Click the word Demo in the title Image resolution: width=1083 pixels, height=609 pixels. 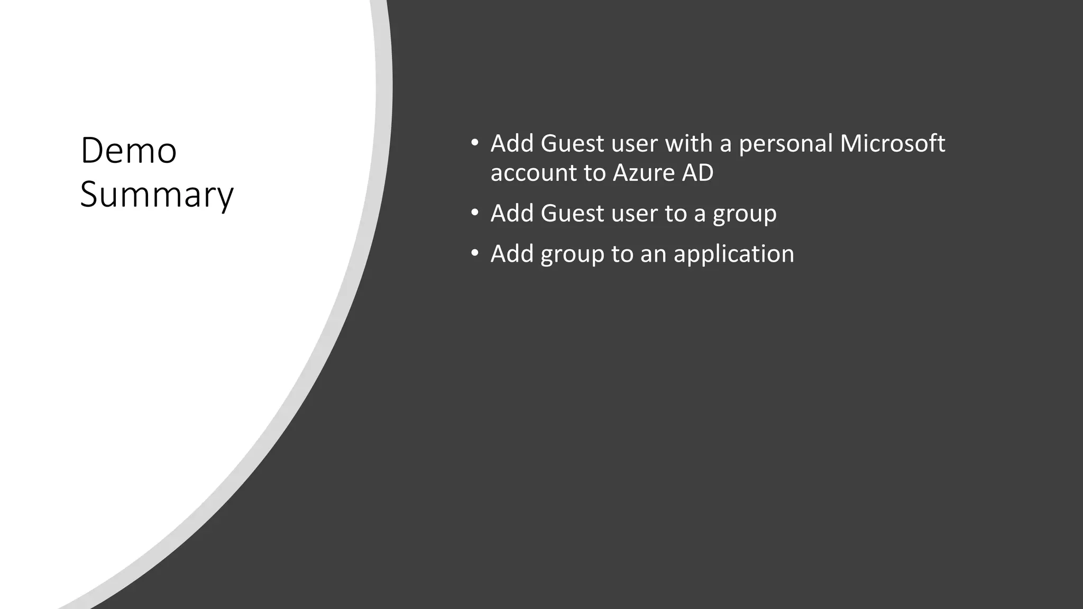129,151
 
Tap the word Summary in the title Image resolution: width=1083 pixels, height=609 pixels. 157,195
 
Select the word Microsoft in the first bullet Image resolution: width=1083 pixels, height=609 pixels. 892,143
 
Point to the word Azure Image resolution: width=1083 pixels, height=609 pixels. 643,173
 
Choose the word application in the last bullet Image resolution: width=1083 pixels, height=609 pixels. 733,254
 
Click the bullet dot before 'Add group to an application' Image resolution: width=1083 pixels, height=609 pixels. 475,253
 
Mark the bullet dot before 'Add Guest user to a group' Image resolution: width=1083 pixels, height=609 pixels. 475,213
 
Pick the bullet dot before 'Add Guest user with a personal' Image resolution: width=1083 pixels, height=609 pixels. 475,143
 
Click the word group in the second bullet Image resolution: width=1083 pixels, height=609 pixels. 745,214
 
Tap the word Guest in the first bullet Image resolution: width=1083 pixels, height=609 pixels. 572,144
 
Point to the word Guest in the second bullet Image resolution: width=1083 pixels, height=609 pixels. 572,214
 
